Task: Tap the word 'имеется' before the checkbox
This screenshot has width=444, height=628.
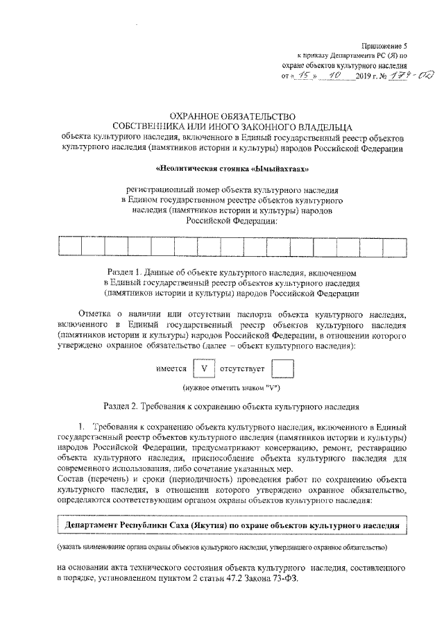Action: [x=171, y=369]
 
